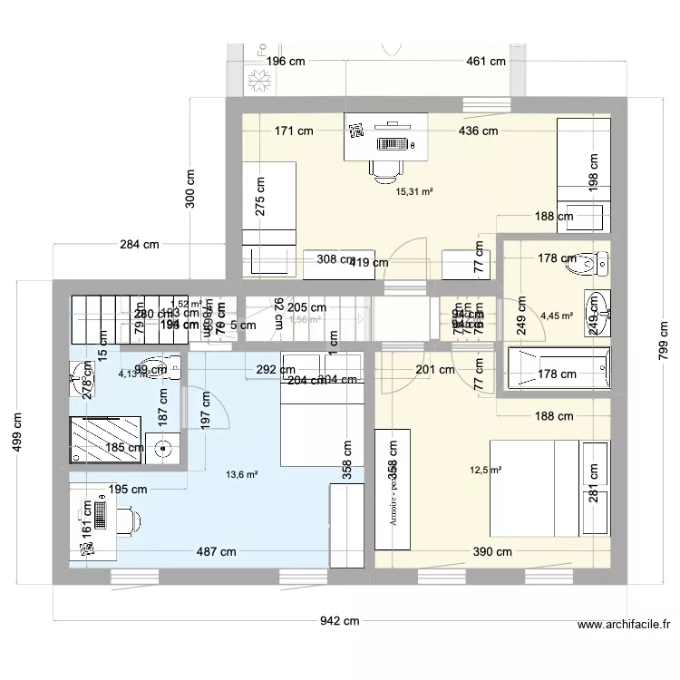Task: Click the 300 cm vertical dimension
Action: click(x=190, y=189)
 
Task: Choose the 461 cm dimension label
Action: click(x=485, y=62)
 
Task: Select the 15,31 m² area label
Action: click(x=414, y=191)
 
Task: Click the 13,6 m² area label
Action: click(x=242, y=473)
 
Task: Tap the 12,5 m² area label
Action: click(x=485, y=470)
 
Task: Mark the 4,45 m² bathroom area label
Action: click(x=556, y=316)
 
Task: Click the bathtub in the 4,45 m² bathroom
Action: click(x=555, y=373)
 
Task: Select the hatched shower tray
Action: click(x=107, y=440)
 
